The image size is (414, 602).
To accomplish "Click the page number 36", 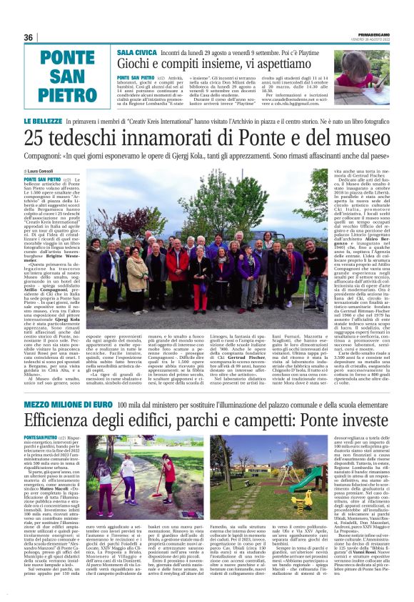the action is tap(29, 37).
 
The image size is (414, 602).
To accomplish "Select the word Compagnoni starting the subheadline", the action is tap(50, 154).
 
